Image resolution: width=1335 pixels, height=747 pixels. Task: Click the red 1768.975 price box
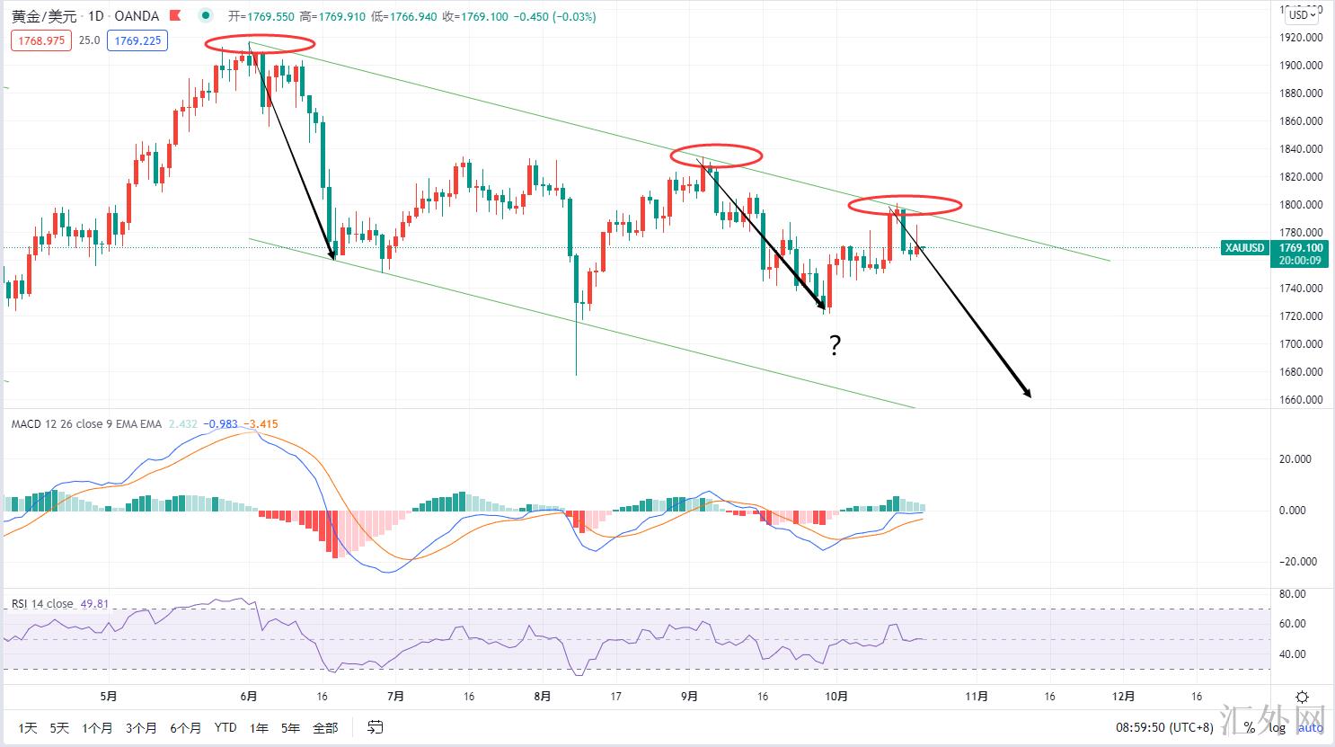pos(41,40)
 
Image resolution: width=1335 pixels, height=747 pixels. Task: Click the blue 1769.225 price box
pos(137,40)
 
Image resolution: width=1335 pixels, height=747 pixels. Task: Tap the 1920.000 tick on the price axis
pos(1301,38)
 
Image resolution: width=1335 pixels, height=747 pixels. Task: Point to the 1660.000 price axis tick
pos(1301,400)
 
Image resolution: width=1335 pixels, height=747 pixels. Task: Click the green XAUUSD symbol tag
pos(1244,248)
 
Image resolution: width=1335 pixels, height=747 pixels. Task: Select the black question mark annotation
pos(835,345)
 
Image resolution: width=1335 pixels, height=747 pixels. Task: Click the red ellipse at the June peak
pos(260,43)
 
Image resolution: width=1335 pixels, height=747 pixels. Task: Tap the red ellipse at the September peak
pos(716,155)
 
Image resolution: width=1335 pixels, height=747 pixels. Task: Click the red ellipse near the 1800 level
pos(905,205)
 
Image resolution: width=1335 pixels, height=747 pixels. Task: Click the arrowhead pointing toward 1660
pos(1026,393)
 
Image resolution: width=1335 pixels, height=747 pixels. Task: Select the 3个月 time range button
pos(141,728)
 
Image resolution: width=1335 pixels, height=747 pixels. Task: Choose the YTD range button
pos(225,728)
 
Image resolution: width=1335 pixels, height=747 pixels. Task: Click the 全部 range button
pos(325,728)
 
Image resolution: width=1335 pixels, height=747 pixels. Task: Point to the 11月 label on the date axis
pos(977,697)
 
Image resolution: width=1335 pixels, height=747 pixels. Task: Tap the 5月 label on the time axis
pos(109,697)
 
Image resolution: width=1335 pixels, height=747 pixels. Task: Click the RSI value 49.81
pos(94,604)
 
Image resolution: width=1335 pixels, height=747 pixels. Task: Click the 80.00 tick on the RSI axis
pos(1293,594)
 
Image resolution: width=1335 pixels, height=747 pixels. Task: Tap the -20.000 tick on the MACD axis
pos(1295,562)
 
